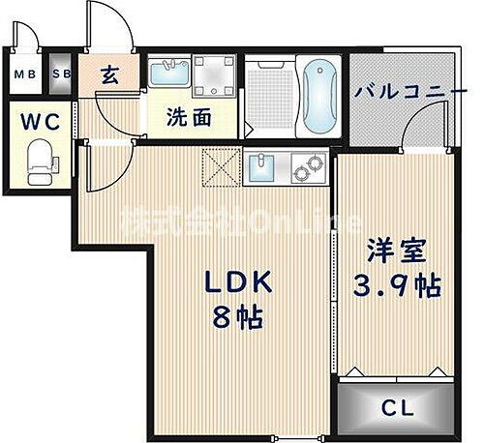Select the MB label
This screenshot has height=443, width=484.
[23, 73]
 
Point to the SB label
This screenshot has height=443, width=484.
[61, 73]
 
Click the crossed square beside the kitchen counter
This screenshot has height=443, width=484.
[217, 166]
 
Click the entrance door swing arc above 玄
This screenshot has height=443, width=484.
[108, 29]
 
